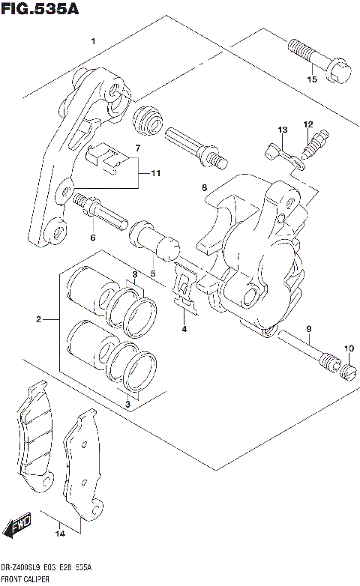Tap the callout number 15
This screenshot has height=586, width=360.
click(x=311, y=79)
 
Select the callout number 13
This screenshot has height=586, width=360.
click(x=282, y=130)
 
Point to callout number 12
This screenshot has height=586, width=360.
click(x=308, y=124)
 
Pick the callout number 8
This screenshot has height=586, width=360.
click(x=204, y=188)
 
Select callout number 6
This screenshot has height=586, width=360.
click(x=93, y=238)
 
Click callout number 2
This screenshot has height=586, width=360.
click(x=37, y=321)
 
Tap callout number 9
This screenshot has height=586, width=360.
click(x=307, y=330)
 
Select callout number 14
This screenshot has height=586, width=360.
click(x=61, y=534)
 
